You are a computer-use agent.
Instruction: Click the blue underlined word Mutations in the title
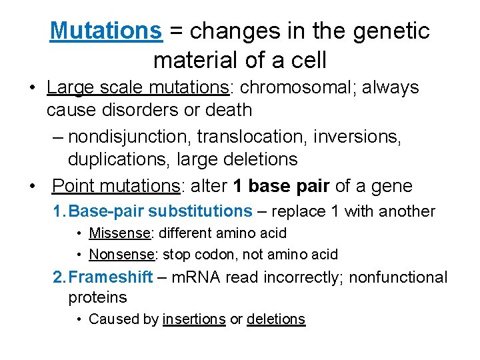tap(106, 31)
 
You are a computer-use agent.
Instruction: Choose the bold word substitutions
tap(200, 211)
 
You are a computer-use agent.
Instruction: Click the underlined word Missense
tap(119, 233)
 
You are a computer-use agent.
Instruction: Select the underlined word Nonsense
tap(121, 255)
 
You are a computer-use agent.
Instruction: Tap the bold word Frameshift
tap(111, 277)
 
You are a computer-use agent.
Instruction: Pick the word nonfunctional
tap(393, 277)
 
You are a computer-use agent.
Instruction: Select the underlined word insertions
tap(194, 319)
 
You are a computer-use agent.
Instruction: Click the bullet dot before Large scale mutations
tap(32, 88)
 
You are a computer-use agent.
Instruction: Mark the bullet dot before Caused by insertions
tap(79, 319)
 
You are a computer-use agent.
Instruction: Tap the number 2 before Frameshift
tap(58, 277)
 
